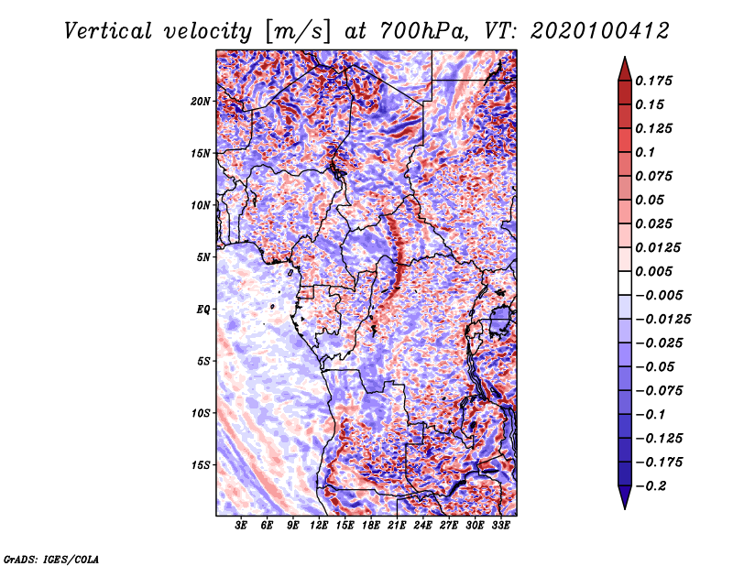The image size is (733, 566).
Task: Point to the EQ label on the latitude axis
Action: click(204, 309)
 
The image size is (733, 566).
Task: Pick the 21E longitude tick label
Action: click(397, 526)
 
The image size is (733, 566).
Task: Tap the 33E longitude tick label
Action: click(501, 526)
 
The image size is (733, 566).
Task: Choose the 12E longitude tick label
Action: click(319, 526)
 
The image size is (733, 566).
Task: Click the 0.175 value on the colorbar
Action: click(656, 82)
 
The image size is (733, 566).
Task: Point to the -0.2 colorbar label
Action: click(653, 485)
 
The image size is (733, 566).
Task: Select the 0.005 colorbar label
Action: click(656, 271)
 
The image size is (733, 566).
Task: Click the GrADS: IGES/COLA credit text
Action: click(51, 558)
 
